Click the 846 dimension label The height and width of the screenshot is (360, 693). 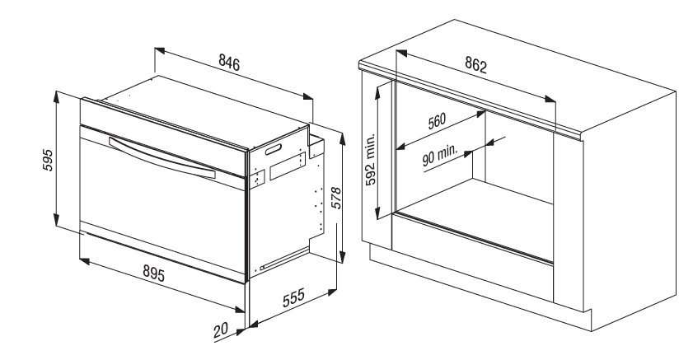[x=229, y=63]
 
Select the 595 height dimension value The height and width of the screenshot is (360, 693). [x=48, y=160]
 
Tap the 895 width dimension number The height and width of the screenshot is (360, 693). [x=153, y=274]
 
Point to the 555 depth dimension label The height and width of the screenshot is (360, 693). [x=294, y=297]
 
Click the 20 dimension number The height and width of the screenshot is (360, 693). [x=221, y=330]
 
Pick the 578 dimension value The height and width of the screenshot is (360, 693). [x=336, y=198]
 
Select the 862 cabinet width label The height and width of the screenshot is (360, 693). [x=475, y=65]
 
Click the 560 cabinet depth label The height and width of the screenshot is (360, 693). [x=437, y=121]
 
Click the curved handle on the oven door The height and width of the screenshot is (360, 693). [x=162, y=158]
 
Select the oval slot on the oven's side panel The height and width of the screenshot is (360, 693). [x=273, y=149]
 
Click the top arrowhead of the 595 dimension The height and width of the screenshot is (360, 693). [x=56, y=96]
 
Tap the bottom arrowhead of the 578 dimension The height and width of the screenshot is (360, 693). [x=342, y=257]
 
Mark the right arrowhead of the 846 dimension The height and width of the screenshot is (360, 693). [x=307, y=96]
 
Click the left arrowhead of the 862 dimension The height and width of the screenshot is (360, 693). [x=401, y=53]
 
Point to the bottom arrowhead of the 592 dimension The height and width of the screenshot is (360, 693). [x=378, y=213]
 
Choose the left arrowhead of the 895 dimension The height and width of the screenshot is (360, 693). [x=84, y=261]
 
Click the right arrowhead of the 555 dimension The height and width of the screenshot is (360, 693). [x=332, y=292]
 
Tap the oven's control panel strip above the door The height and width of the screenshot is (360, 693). [x=163, y=138]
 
